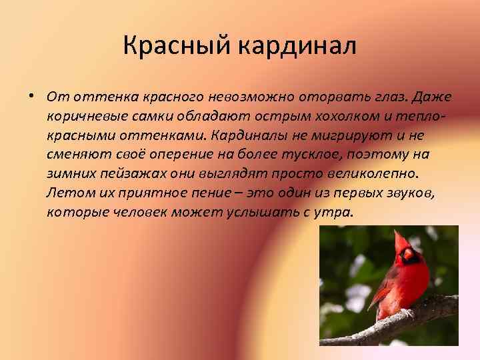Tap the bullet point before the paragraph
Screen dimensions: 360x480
coord(32,96)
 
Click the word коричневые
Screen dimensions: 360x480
coord(83,117)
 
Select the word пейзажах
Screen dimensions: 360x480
coord(125,174)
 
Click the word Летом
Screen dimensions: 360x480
coord(65,193)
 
